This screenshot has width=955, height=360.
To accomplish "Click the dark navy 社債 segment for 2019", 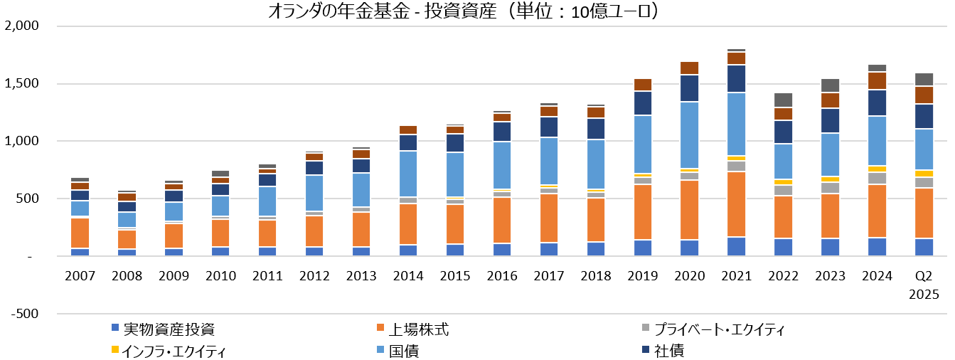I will click(643, 103).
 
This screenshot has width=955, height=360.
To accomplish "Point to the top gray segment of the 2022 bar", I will click(782, 100).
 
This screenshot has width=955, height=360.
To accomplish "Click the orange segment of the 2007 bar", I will click(80, 233).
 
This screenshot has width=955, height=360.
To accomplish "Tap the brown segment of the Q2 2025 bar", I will click(923, 95).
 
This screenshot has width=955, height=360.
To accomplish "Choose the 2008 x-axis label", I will click(126, 275).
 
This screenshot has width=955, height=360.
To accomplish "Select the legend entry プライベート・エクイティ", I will click(718, 329).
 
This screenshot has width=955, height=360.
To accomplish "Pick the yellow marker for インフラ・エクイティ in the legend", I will click(115, 351).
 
